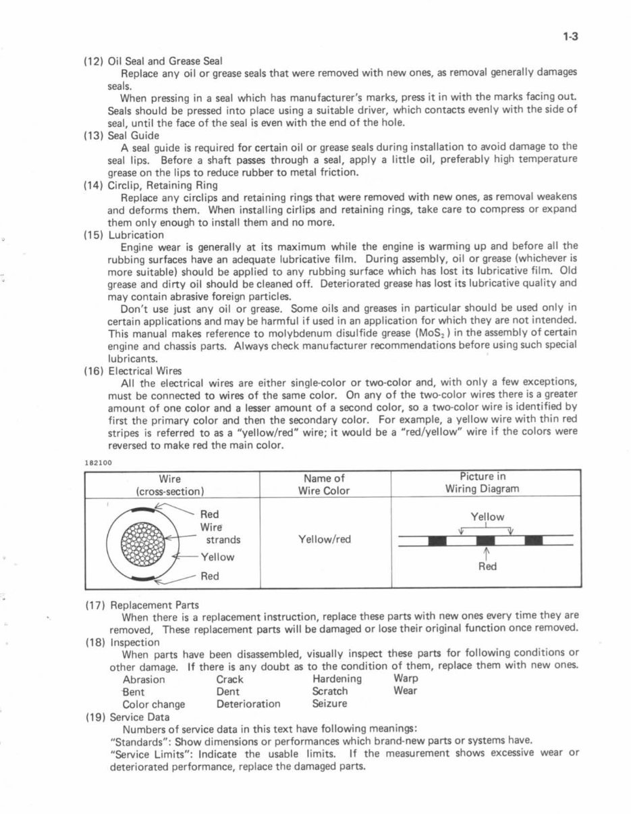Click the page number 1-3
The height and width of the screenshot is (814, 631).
tap(570, 37)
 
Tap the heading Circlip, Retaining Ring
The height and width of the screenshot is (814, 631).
tap(163, 185)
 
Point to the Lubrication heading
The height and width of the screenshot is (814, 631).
tap(136, 235)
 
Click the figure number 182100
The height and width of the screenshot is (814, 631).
tap(98, 463)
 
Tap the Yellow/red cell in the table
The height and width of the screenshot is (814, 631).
tap(324, 539)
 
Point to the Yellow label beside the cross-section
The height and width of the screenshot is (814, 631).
tap(217, 557)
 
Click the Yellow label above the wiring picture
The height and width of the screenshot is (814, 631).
tap(487, 517)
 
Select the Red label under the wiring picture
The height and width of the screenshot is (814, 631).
tap(487, 566)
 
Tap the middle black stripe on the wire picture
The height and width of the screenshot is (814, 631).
tap(486, 540)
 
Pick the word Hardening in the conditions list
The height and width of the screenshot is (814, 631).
tap(337, 679)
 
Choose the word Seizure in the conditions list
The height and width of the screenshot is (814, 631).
tap(329, 703)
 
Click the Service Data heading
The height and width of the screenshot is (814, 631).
tap(140, 717)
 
